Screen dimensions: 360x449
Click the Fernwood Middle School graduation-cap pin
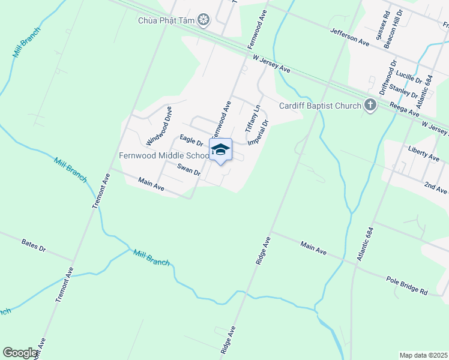click(x=220, y=150)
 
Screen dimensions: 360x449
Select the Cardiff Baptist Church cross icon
click(x=370, y=106)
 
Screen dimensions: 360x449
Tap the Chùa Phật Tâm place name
click(x=167, y=21)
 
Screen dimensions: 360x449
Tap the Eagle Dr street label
click(x=191, y=140)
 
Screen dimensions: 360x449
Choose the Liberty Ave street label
click(x=423, y=152)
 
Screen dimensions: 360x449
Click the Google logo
click(x=20, y=353)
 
